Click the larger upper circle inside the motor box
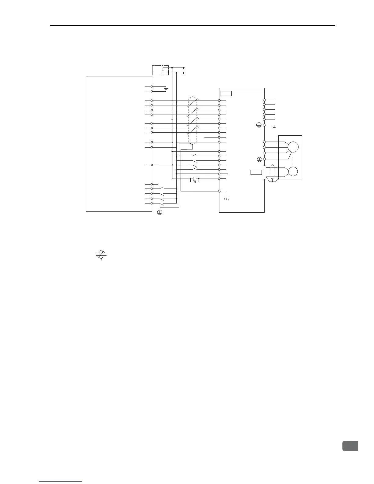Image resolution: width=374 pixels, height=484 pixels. tap(293, 147)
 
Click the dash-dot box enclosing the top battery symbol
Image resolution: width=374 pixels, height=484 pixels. tap(160, 70)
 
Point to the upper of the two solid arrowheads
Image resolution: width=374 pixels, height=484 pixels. tap(184, 68)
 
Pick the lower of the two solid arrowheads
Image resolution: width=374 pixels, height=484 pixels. tap(184, 73)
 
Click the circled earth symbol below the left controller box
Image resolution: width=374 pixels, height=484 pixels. tap(159, 212)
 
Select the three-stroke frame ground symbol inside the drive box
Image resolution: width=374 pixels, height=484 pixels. tap(227, 199)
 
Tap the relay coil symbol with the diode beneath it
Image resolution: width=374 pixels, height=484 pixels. tap(195, 179)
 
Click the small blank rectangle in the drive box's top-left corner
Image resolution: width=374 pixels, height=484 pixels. tap(226, 93)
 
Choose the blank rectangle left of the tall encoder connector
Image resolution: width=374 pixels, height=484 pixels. tap(256, 172)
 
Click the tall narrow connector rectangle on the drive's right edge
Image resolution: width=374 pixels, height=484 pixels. tap(264, 173)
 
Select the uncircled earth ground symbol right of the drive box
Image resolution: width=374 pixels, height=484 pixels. tap(274, 127)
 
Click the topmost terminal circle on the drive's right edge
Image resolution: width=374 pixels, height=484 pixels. tap(264, 100)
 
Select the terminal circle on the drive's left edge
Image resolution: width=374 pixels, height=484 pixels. tap(219, 191)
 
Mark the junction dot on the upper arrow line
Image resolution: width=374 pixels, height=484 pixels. tap(172, 68)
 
